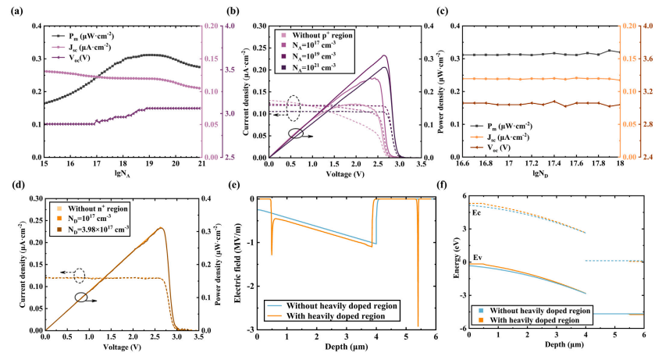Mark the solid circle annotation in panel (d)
pos(81,297)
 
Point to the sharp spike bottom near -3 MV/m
pos(418,326)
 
